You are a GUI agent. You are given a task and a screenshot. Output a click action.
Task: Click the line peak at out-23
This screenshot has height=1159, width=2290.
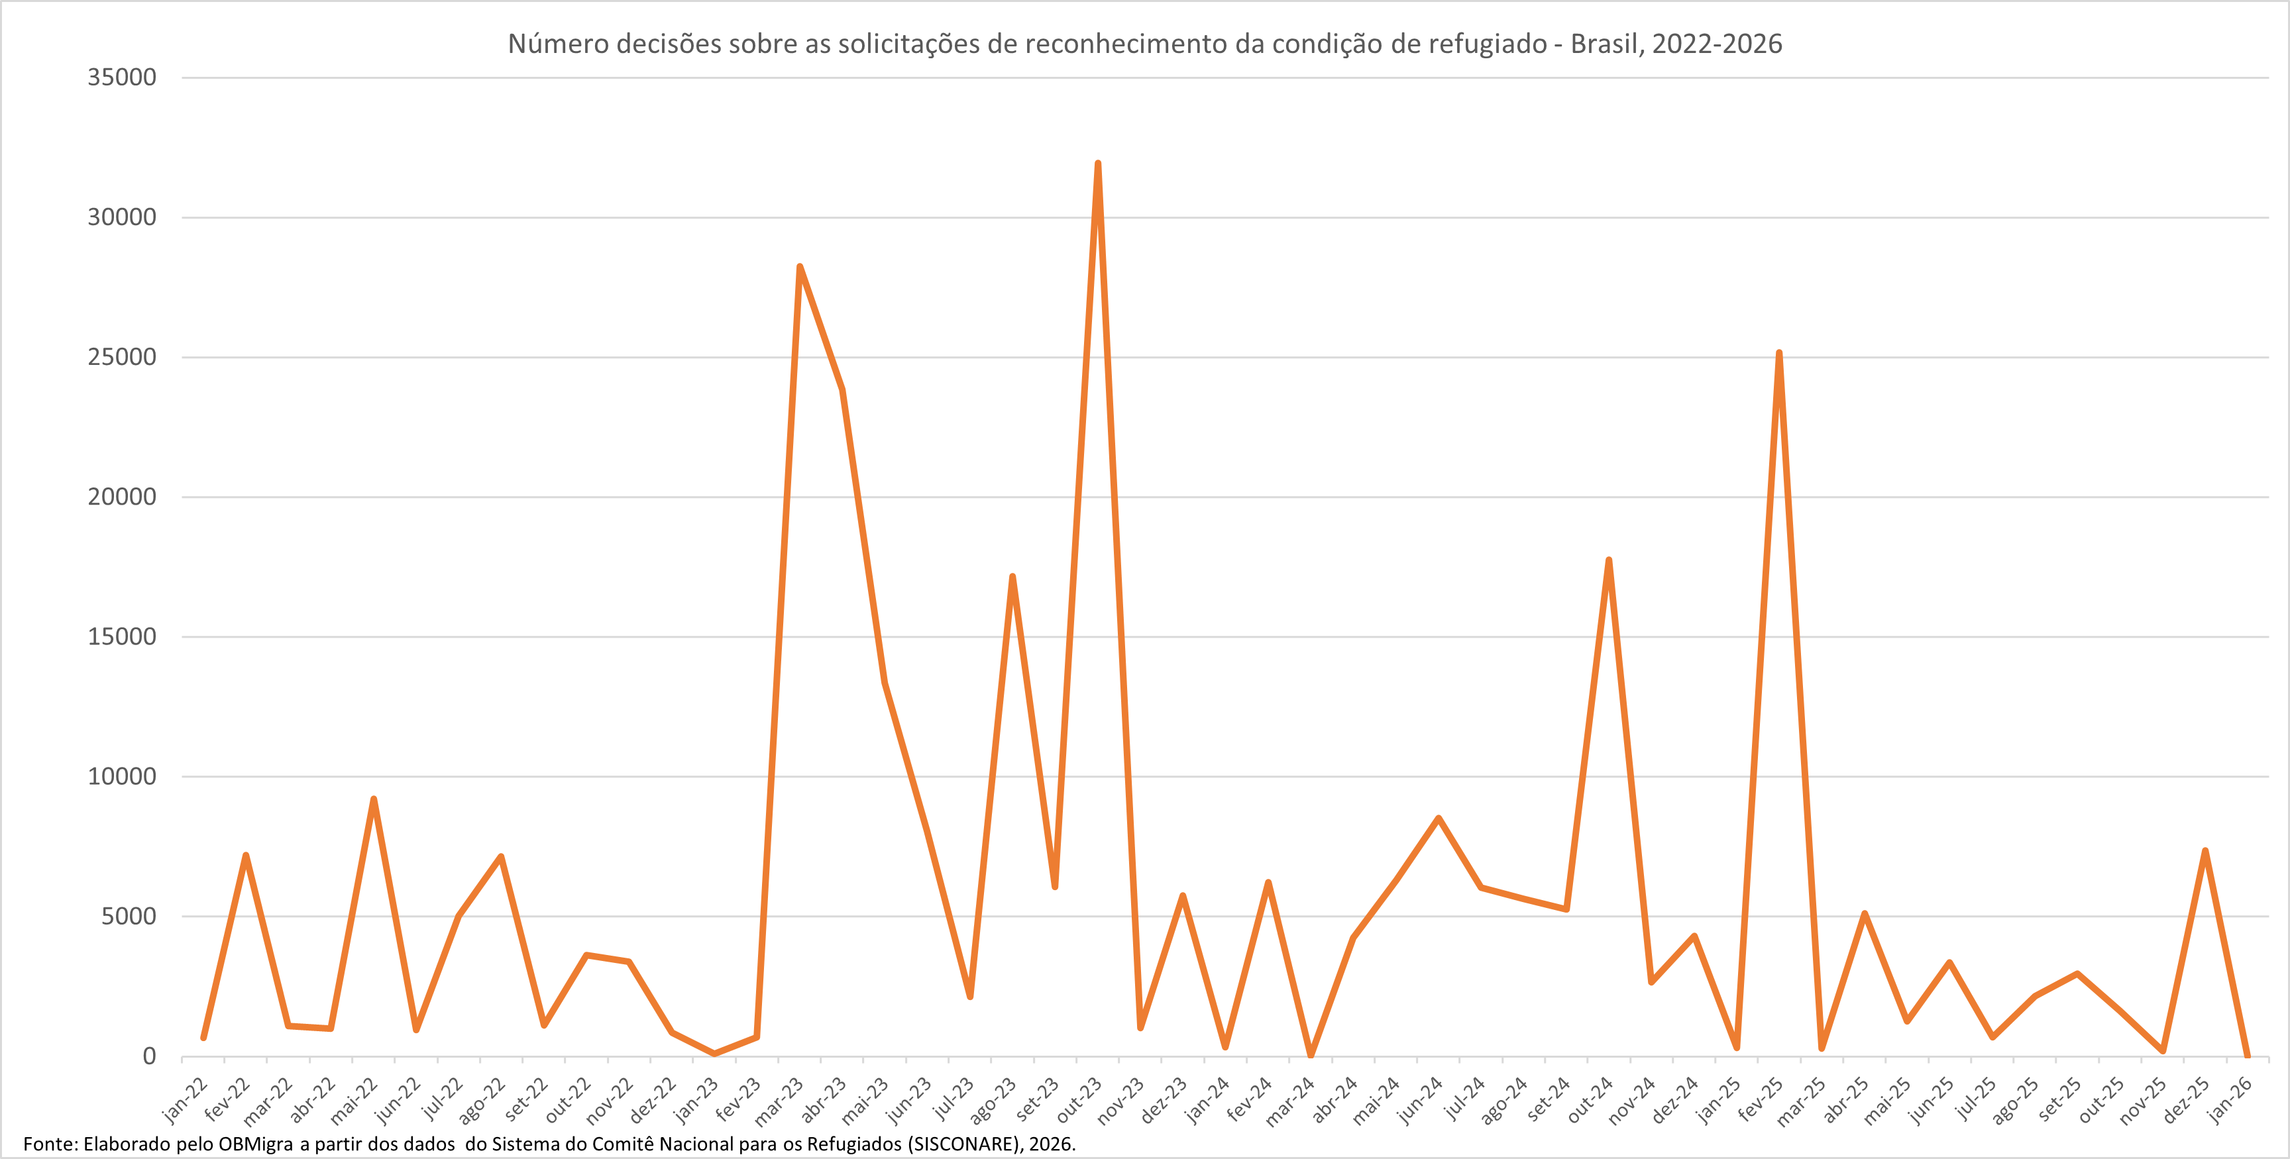1098,164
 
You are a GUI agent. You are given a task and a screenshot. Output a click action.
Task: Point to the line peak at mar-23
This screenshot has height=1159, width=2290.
800,267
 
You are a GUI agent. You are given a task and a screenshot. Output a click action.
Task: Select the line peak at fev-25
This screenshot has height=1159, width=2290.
1779,353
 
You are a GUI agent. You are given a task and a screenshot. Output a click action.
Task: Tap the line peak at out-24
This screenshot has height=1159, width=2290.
1609,560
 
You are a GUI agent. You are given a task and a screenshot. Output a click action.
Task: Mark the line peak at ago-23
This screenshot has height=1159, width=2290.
1012,577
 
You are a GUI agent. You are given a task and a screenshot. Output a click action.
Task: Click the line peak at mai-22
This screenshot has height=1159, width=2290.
373,799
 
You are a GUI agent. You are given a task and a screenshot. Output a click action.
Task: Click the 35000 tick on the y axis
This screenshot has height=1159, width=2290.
122,77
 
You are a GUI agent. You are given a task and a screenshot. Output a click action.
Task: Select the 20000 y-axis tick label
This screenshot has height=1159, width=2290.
122,497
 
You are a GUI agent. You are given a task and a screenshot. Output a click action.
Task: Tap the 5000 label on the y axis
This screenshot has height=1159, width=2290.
129,917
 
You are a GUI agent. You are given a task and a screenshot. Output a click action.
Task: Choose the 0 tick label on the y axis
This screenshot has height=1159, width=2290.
149,1056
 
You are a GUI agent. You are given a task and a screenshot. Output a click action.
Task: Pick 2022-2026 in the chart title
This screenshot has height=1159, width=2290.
1717,44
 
